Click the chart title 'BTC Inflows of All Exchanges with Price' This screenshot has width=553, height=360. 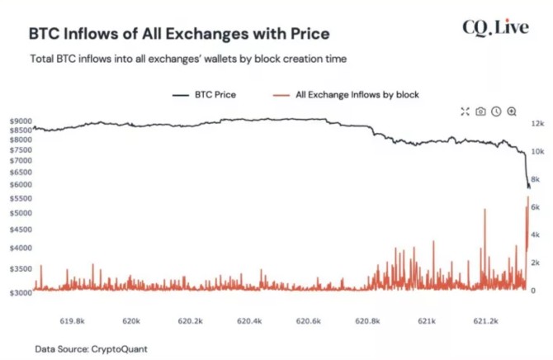click(178, 35)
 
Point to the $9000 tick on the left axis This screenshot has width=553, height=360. click(21, 121)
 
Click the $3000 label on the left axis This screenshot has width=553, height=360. click(21, 292)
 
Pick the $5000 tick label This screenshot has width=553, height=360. click(21, 213)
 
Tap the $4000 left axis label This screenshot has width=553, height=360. click(21, 248)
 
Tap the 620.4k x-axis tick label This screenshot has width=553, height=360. click(250, 320)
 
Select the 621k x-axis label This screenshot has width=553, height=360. click(427, 320)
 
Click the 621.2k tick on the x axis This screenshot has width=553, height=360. click(485, 320)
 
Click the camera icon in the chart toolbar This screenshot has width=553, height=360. click(481, 111)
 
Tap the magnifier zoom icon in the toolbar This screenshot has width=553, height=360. click(512, 111)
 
